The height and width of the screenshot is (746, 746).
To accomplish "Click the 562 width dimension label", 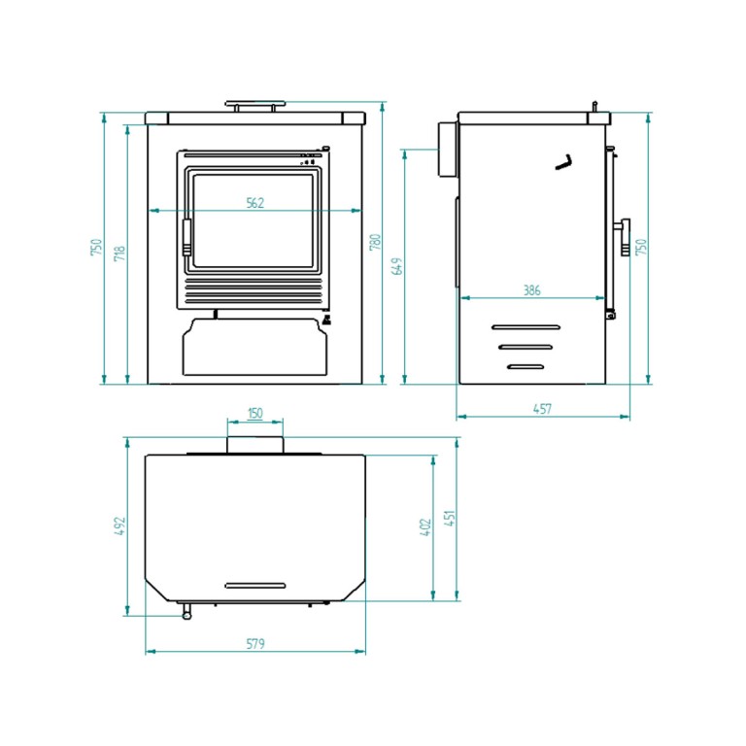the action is coord(255,203).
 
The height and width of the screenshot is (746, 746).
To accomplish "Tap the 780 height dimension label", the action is coord(375,242).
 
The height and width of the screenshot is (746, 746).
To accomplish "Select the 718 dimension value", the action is coord(119,254).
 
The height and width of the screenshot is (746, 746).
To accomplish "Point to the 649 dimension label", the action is coord(397,266).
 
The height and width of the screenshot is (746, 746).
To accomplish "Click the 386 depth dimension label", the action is coord(532,289).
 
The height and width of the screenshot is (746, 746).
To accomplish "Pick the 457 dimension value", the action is coord(542,409).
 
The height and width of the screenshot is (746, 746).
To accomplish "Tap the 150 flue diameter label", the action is coord(255,413).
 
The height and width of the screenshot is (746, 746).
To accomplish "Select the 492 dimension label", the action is coord(119,526).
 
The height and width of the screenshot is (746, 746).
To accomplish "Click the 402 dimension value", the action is coord(425,527).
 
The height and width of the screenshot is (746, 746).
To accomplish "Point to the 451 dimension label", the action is coord(450,518).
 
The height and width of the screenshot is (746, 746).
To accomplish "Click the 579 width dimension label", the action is coord(255,644).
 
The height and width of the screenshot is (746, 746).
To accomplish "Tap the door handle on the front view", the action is coord(186,237).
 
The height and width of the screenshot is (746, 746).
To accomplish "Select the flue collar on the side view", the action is coord(448,150).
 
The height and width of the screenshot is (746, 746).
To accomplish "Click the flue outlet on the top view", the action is coord(255,445).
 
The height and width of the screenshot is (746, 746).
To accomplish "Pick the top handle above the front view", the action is coord(255,105).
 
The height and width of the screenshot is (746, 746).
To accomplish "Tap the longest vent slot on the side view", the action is coord(526,327).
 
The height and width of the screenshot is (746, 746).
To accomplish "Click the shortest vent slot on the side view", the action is coord(526,367).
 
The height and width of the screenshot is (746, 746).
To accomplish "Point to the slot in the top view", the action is coord(255,586).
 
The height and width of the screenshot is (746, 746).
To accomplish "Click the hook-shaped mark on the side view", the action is coord(564,163).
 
